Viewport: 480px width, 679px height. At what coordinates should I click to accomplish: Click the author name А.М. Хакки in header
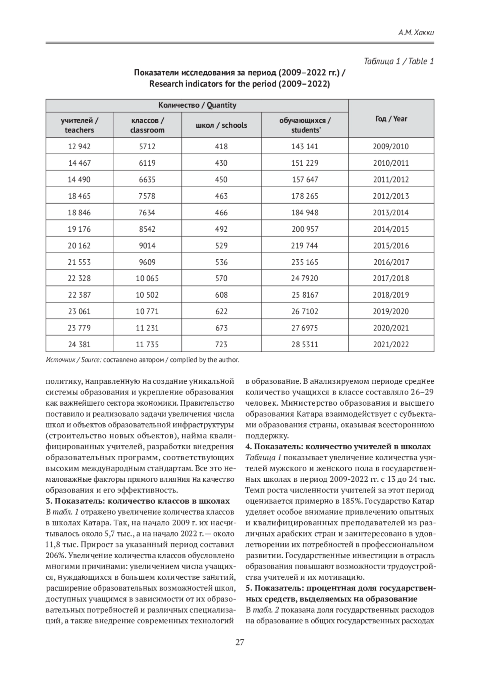click(416, 33)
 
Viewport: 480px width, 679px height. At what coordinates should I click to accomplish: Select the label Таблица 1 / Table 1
click(399, 61)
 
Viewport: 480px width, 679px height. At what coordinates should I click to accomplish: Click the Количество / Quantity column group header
click(197, 105)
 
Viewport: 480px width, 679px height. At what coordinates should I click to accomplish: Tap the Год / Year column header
click(391, 118)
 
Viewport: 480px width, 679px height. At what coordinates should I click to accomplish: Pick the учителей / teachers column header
click(79, 125)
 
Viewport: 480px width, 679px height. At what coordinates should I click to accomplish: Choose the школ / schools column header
click(221, 125)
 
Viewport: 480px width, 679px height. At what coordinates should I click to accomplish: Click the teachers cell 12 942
click(79, 146)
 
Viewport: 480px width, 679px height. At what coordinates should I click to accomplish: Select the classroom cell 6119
click(147, 163)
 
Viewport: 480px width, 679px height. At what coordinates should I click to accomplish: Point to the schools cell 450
click(221, 180)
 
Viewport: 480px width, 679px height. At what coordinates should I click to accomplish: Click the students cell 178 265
click(305, 196)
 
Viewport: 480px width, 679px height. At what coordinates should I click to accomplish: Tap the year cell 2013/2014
click(391, 212)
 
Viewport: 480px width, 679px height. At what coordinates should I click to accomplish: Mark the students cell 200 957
click(305, 229)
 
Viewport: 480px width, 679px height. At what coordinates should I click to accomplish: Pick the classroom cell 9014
click(147, 246)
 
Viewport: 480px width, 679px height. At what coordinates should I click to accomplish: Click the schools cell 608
click(221, 295)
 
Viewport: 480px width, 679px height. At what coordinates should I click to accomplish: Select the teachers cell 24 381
click(79, 345)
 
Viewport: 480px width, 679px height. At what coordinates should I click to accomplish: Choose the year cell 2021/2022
click(391, 345)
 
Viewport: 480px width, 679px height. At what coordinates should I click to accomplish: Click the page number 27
click(240, 643)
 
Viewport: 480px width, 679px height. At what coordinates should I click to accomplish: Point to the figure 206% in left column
click(55, 555)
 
